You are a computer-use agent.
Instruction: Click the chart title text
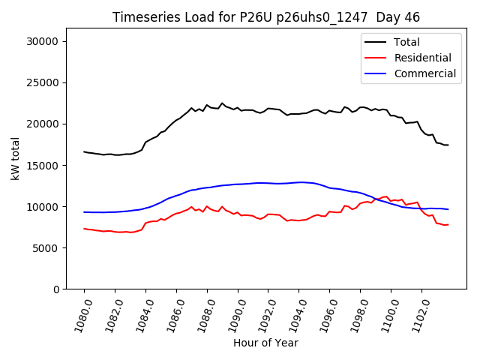(266, 17)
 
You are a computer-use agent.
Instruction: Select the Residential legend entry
(422, 58)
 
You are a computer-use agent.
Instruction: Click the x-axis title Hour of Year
(265, 343)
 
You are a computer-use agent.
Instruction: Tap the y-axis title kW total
(15, 158)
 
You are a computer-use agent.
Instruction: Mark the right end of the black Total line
(448, 145)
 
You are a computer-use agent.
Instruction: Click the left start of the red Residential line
(84, 229)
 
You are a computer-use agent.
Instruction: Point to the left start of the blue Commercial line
(84, 212)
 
